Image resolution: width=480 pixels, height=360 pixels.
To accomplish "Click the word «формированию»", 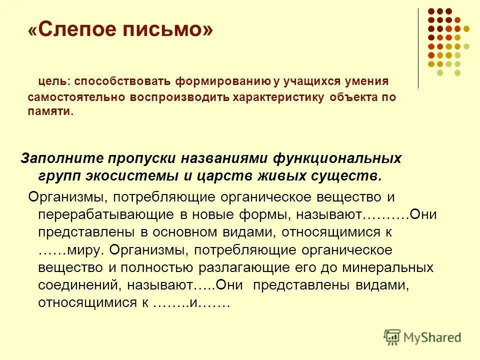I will click(216, 81).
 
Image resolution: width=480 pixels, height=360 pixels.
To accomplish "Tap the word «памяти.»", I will click(50, 111).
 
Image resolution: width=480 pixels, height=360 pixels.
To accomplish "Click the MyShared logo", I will click(422, 337).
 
